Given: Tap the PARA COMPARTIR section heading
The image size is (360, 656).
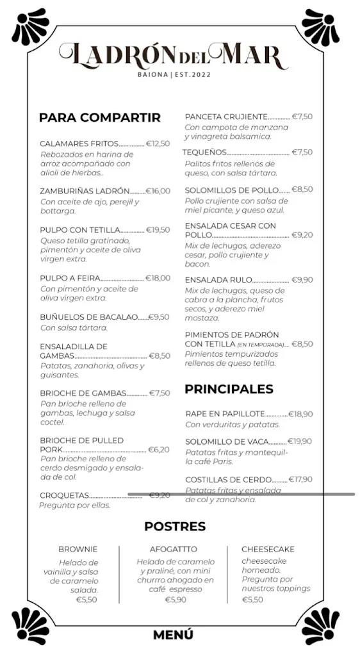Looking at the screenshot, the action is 99,117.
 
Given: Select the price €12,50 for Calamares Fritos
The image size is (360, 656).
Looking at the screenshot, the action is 158,143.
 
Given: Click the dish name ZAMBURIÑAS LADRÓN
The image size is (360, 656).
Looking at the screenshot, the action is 85,191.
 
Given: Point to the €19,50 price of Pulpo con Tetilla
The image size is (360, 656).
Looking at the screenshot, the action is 158,230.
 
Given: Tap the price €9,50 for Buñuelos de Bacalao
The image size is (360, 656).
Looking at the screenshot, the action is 159,316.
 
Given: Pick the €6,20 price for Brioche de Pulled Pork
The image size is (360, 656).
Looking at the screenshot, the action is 159,450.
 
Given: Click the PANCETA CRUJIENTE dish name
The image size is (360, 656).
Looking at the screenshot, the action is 226,117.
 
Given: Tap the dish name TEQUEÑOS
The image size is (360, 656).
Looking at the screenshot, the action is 205,152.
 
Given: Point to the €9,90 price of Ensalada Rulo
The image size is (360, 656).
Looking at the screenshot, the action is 302,280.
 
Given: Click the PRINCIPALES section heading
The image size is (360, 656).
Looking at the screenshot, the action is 229,389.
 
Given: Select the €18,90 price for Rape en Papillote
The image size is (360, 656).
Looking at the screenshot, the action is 300,414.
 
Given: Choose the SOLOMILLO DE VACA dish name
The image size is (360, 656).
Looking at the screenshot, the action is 226,441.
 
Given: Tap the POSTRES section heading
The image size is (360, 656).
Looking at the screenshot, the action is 175,526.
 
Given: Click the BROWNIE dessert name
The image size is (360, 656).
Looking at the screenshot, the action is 78,549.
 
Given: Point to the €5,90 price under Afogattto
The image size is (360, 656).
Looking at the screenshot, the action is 176,600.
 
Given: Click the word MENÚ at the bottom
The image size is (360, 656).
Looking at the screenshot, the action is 173,635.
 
